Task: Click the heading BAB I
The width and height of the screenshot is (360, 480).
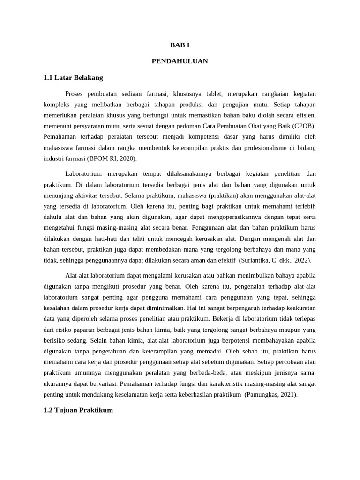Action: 180,45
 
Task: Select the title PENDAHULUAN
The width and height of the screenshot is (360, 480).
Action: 180,61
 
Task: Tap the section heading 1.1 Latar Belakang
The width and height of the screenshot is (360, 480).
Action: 73,77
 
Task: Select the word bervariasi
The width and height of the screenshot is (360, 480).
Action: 95,384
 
